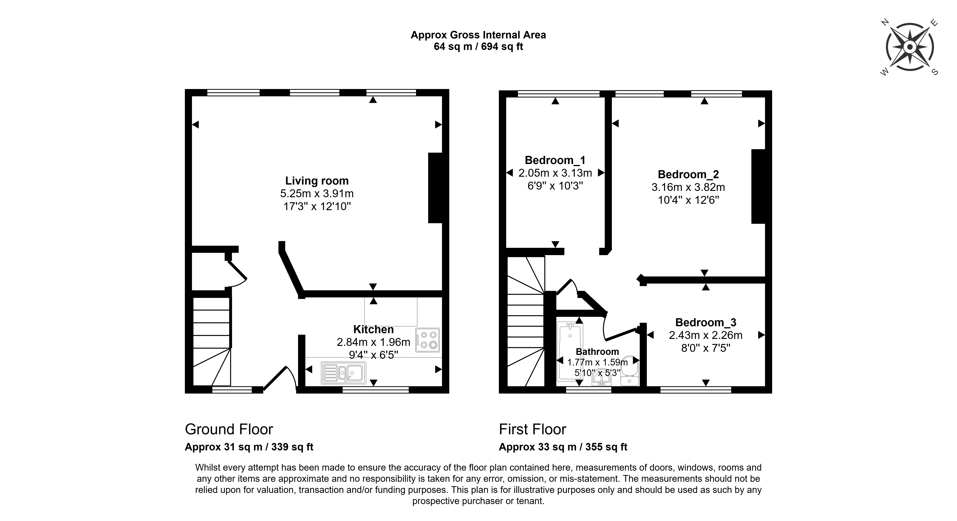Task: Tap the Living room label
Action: (317, 181)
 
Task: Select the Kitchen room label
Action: (373, 329)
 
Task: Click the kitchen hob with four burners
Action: (428, 340)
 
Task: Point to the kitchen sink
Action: (344, 373)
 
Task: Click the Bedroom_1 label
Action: (555, 160)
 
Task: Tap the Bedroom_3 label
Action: (705, 322)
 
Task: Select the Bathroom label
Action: (597, 352)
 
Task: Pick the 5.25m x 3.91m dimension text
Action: (317, 194)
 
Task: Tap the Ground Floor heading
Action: (229, 429)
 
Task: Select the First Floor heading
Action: (532, 429)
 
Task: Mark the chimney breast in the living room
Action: (435, 188)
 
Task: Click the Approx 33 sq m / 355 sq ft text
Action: (563, 447)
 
